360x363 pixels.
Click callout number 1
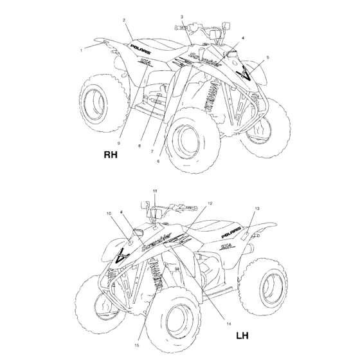coord(81,50)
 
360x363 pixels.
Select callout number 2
coord(123,21)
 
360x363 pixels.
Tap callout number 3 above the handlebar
coord(182,16)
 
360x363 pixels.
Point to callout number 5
coord(267,57)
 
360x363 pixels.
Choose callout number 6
coord(158,161)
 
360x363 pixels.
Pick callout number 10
coord(109,213)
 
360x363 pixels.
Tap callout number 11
coord(154,192)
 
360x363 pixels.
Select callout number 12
coord(210,203)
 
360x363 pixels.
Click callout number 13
coord(256,209)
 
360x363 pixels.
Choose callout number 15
coord(136,346)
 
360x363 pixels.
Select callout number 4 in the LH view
coord(122,212)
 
